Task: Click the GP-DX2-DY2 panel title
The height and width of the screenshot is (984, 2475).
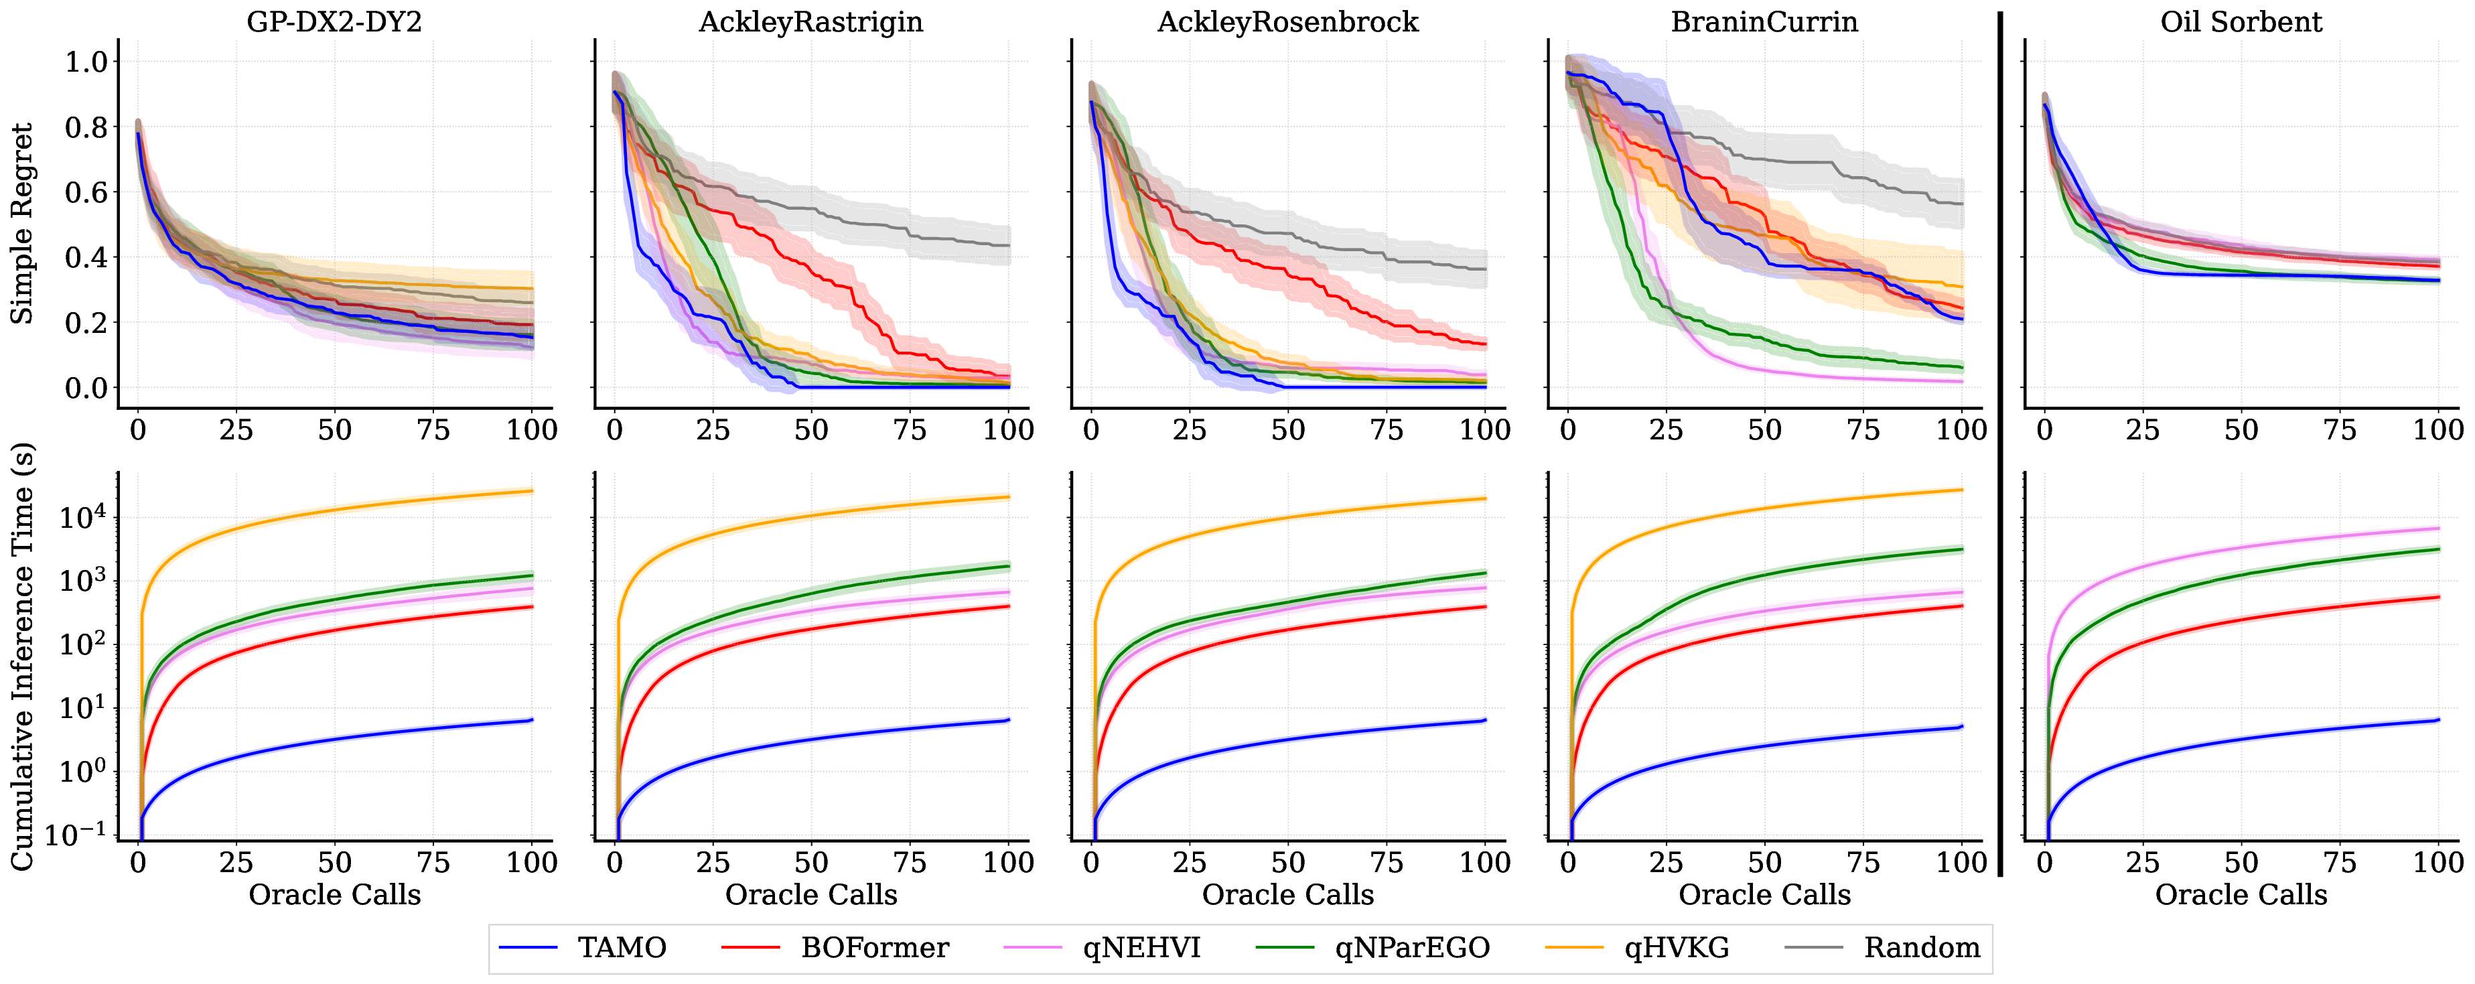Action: click(x=334, y=21)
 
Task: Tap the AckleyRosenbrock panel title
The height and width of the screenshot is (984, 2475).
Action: click(x=1287, y=21)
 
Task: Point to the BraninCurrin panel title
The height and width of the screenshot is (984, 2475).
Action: click(x=1764, y=21)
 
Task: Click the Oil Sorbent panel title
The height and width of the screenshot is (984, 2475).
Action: click(x=2241, y=21)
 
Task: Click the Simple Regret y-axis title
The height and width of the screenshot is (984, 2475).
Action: click(x=21, y=223)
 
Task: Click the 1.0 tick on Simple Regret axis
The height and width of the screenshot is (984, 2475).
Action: click(x=86, y=62)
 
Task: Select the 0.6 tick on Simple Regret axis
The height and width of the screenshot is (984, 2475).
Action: click(x=86, y=192)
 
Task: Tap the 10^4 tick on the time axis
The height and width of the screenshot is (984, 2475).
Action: click(x=82, y=517)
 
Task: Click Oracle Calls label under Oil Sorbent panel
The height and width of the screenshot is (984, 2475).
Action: click(x=2241, y=895)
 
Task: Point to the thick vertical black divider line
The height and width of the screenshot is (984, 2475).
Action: click(x=2000, y=442)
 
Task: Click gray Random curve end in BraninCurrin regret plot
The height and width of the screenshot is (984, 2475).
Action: click(x=1960, y=204)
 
